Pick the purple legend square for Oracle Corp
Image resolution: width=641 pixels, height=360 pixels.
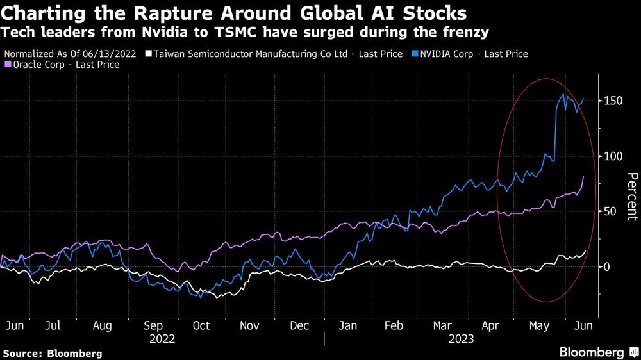7,65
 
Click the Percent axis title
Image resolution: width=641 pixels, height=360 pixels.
631,197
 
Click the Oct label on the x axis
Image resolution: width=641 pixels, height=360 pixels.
201,325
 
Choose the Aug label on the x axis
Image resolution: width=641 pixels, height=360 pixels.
102,325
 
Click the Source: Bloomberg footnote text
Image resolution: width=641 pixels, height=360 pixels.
53,353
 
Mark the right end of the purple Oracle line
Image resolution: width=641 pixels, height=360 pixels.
583,177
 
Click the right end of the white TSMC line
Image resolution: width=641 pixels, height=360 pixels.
585,252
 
